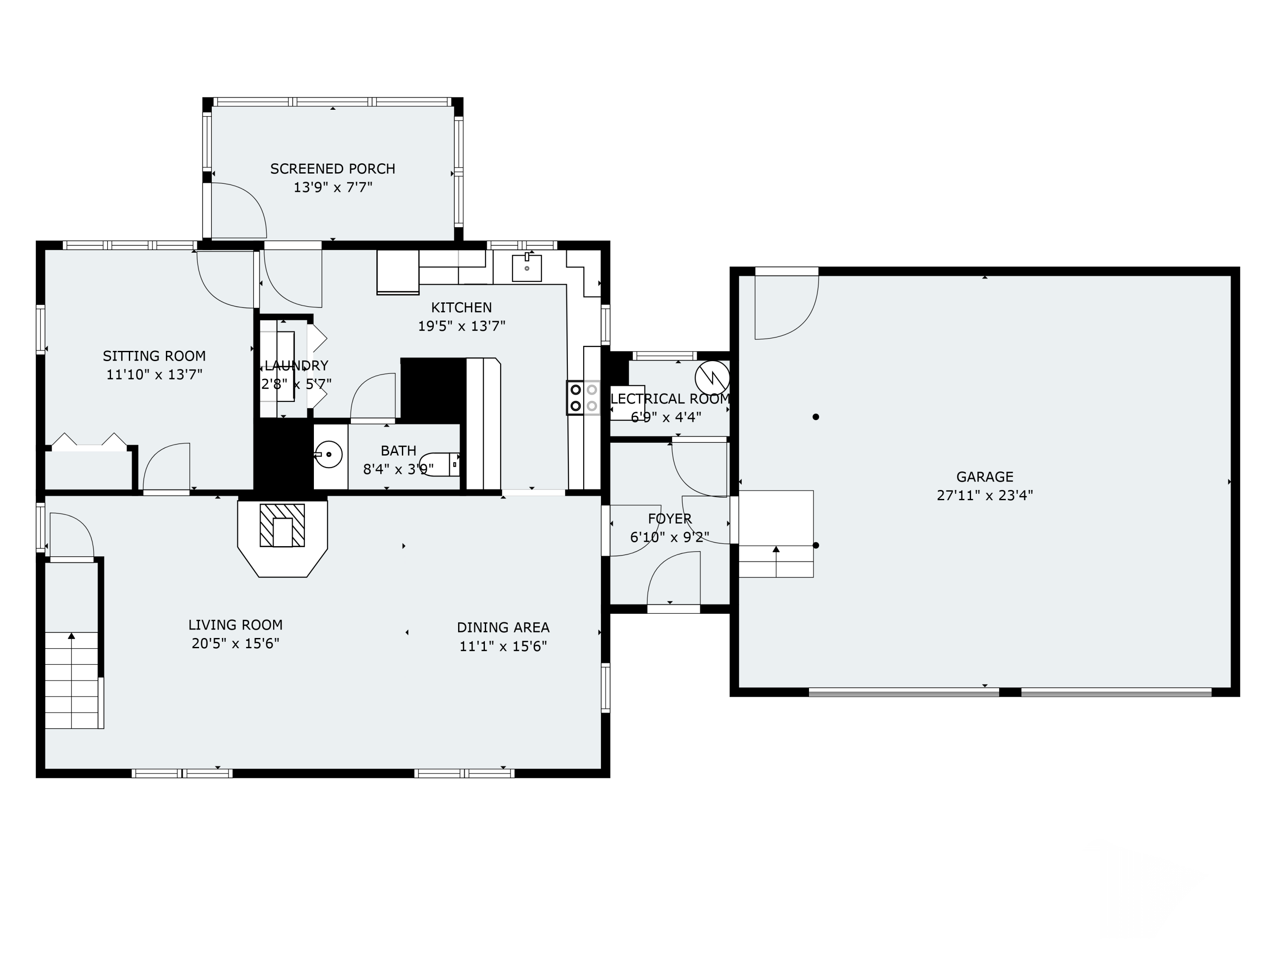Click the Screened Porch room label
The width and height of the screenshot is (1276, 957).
[x=333, y=169]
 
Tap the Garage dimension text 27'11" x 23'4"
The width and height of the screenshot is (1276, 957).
[x=985, y=495]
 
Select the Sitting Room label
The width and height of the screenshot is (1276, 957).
[x=154, y=356]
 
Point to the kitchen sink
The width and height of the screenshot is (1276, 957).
[x=527, y=268]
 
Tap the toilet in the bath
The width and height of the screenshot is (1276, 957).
[x=439, y=464]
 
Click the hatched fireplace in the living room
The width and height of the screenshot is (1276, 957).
[x=282, y=526]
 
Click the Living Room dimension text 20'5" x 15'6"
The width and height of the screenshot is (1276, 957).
[x=235, y=643]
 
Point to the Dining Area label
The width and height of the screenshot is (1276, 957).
[x=503, y=628]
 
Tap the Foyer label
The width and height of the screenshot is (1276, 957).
[x=670, y=518]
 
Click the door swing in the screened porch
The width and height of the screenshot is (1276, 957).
[x=239, y=211]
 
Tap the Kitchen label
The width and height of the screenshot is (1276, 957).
[x=461, y=308]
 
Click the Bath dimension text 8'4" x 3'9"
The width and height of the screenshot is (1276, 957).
[x=398, y=470]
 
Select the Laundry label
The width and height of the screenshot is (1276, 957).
[x=296, y=365]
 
